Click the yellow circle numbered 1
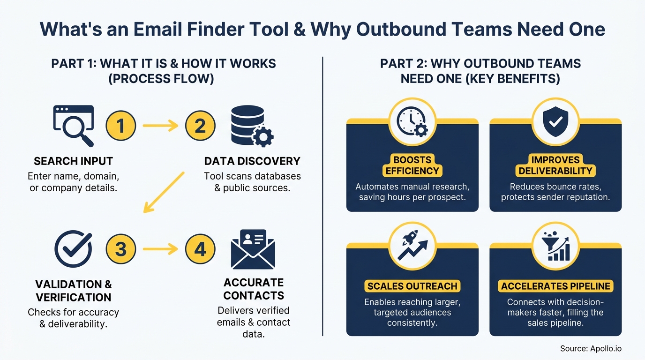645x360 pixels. tap(121, 126)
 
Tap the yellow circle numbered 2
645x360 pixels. tap(200, 126)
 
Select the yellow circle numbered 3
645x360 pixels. tap(121, 249)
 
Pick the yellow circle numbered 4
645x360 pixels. tap(200, 249)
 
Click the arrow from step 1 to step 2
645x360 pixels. tap(160, 126)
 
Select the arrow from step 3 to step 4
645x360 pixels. tap(160, 249)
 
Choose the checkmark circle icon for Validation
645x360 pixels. tap(73, 248)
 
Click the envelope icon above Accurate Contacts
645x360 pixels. tap(253, 249)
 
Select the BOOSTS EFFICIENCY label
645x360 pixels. tap(412, 165)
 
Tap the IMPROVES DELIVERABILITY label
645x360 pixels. tap(555, 165)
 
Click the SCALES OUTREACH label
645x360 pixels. tap(412, 286)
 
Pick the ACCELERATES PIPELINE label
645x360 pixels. tap(555, 286)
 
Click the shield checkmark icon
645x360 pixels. tap(555, 121)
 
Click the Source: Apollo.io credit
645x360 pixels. tap(591, 349)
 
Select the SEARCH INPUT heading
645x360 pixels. tap(73, 161)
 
